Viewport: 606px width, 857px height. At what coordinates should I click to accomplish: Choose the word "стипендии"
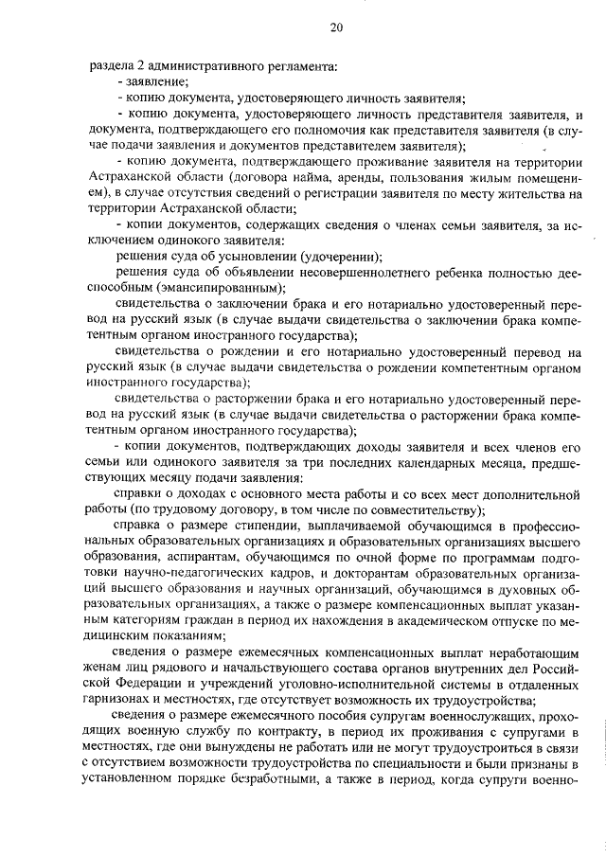(x=273, y=527)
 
